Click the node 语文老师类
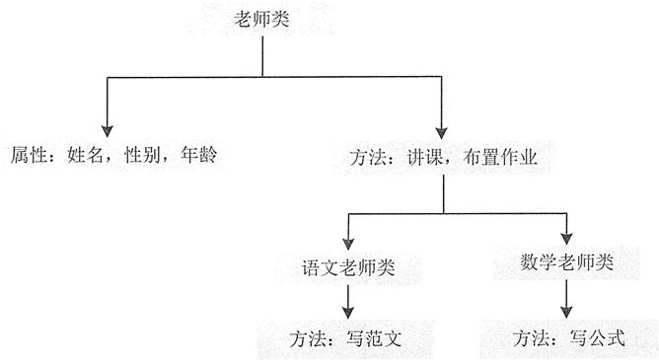point(347,268)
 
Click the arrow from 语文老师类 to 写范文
point(346,298)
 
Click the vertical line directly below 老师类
point(261,59)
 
